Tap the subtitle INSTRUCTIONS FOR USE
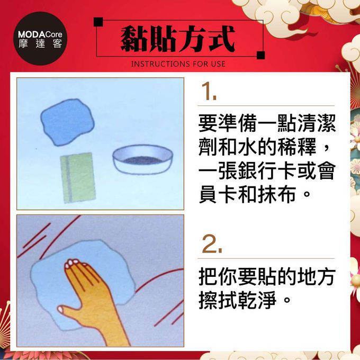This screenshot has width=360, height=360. pyautogui.click(x=177, y=64)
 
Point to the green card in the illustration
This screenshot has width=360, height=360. pyautogui.click(x=77, y=177)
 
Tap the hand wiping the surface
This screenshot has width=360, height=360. pyautogui.click(x=90, y=296)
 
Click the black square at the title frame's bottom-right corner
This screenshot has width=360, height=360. pyautogui.click(x=260, y=55)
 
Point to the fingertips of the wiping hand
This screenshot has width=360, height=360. pyautogui.click(x=71, y=263)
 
